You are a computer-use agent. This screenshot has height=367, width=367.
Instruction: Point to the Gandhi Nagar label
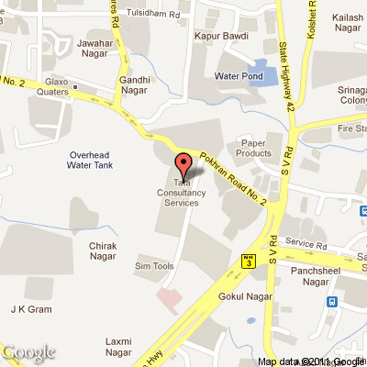[x=135, y=86]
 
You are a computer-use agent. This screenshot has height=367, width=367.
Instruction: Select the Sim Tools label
[x=153, y=265]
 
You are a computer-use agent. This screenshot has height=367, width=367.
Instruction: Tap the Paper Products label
[x=254, y=148]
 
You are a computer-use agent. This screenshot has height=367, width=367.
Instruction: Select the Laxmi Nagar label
[x=118, y=346]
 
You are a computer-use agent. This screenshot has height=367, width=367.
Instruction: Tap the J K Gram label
[x=31, y=309]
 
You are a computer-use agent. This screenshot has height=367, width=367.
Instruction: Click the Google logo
[x=28, y=352]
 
